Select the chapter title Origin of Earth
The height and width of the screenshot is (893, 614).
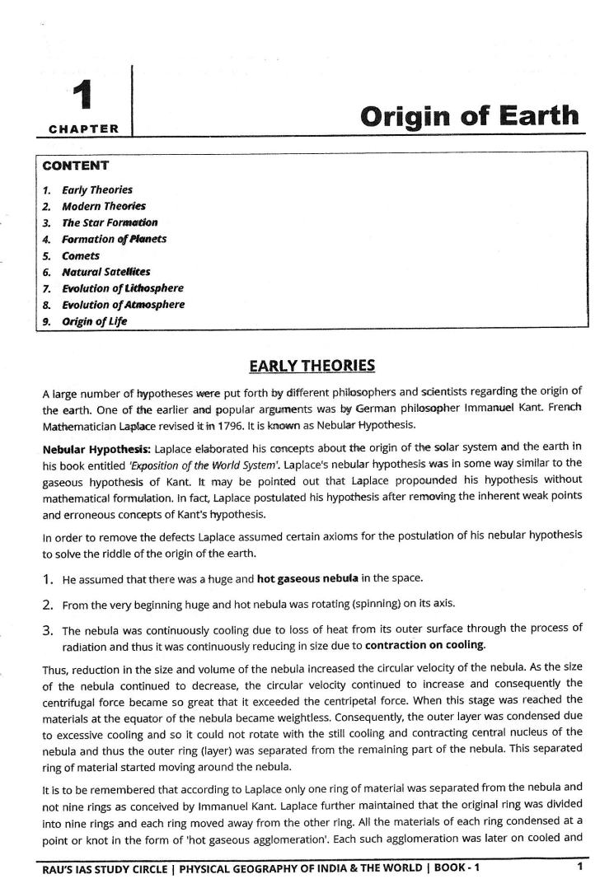(x=470, y=115)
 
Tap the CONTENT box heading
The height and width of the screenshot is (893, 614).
(x=75, y=166)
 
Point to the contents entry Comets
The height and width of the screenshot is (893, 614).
(x=81, y=255)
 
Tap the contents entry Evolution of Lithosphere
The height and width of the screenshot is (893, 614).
(x=123, y=288)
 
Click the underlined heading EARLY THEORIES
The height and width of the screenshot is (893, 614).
(x=312, y=366)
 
